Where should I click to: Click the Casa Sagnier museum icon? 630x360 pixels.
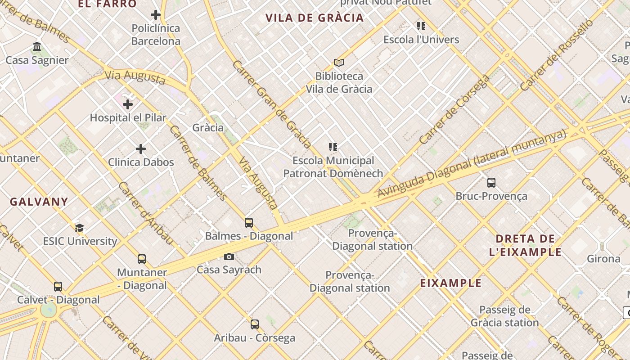(37, 47)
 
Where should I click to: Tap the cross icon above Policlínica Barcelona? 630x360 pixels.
(156, 15)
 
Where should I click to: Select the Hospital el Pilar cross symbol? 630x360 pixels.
(128, 104)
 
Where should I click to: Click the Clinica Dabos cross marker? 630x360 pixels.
(141, 148)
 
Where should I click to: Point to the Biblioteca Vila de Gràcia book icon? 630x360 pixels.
(339, 63)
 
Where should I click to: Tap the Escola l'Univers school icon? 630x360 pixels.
(421, 26)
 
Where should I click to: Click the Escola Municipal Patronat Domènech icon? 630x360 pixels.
(333, 147)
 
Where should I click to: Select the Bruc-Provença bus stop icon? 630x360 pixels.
(491, 183)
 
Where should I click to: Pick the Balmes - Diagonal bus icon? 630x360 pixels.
(249, 222)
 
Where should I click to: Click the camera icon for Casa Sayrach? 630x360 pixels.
(229, 256)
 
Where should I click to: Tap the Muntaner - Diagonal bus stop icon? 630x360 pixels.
(142, 259)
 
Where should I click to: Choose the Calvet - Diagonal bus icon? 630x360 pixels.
(58, 287)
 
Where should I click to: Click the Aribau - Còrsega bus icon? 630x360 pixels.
(255, 324)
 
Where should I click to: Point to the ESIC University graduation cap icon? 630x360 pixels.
(80, 228)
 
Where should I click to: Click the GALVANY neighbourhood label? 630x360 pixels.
(39, 202)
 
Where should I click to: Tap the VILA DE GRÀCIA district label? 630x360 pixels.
(314, 18)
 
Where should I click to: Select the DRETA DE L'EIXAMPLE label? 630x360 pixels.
(525, 245)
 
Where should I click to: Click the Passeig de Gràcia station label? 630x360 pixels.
(504, 316)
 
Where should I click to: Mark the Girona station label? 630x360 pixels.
(603, 259)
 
